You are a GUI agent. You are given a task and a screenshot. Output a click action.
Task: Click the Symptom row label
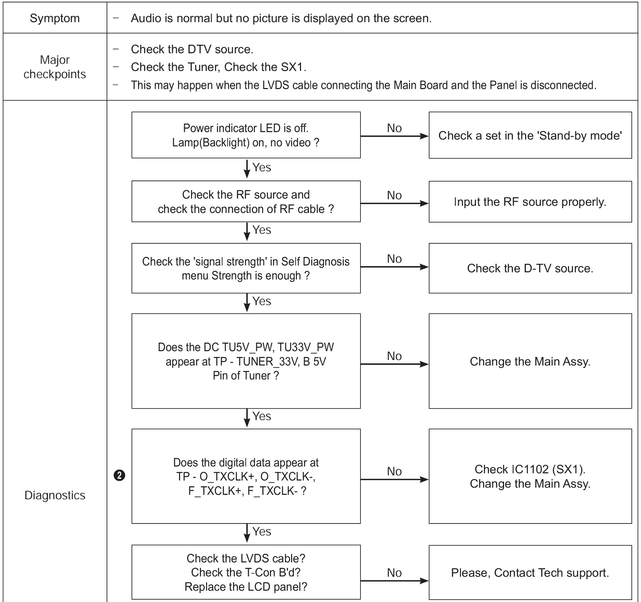pyautogui.click(x=54, y=18)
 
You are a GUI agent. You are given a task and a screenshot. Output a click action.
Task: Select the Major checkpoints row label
pyautogui.click(x=54, y=67)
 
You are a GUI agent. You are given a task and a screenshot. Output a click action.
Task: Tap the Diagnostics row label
pyautogui.click(x=54, y=495)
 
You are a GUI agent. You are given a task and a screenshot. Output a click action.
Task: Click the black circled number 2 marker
pyautogui.click(x=119, y=476)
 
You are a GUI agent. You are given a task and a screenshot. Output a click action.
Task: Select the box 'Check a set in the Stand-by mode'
pyautogui.click(x=530, y=135)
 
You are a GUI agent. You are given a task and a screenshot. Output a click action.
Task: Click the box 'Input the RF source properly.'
pyautogui.click(x=530, y=202)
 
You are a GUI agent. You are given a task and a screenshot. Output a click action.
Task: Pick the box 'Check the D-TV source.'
pyautogui.click(x=530, y=268)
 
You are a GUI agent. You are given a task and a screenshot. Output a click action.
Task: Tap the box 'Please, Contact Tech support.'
pyautogui.click(x=530, y=572)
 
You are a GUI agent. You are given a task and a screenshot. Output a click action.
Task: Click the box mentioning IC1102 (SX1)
pyautogui.click(x=530, y=476)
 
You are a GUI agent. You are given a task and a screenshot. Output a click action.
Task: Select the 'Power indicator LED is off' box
pyautogui.click(x=246, y=135)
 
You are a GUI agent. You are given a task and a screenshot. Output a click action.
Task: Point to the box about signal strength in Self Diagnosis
pyautogui.click(x=246, y=268)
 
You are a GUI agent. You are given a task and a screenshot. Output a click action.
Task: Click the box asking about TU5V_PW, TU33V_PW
pyautogui.click(x=246, y=361)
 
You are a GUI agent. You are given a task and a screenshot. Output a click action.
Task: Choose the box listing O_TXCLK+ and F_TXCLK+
pyautogui.click(x=246, y=476)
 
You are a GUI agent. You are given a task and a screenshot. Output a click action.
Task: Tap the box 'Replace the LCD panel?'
pyautogui.click(x=246, y=572)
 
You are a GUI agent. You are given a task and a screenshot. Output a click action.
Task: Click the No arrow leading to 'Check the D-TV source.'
pyautogui.click(x=395, y=267)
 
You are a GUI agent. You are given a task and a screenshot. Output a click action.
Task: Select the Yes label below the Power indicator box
pyautogui.click(x=262, y=167)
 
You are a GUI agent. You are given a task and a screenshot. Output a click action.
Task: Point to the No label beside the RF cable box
pyautogui.click(x=394, y=195)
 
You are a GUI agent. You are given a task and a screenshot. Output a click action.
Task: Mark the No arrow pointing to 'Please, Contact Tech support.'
pyautogui.click(x=395, y=581)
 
